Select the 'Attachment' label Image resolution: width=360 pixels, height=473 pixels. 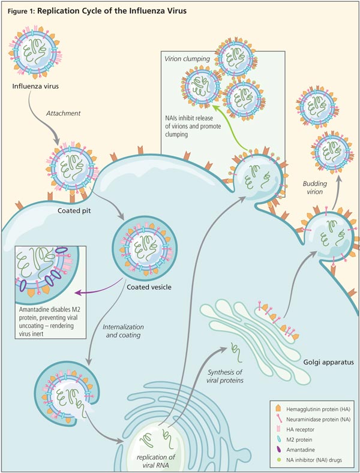click(x=63, y=114)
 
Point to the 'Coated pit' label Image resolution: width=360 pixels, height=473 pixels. click(x=75, y=211)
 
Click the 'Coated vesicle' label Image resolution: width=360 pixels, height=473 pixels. click(x=149, y=287)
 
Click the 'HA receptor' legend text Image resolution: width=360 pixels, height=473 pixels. click(x=289, y=428)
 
